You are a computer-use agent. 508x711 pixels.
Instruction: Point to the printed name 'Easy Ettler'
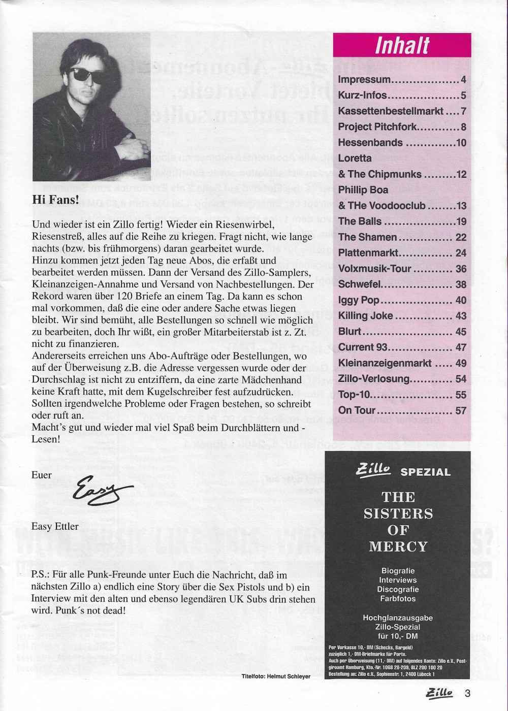[x=55, y=526]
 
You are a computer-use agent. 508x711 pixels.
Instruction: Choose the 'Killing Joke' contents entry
[x=365, y=315]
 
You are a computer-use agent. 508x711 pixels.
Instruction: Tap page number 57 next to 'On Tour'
[x=460, y=410]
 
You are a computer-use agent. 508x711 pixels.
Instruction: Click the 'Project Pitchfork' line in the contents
[x=377, y=127]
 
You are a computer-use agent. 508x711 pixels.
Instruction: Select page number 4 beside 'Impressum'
[x=463, y=80]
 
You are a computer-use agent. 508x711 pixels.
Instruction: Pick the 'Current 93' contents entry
[x=363, y=347]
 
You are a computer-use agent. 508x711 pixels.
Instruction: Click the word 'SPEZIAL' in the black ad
[x=425, y=472]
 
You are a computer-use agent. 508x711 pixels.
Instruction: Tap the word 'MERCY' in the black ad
[x=398, y=546]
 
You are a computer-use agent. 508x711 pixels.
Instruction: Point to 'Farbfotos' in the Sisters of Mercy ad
[x=398, y=598]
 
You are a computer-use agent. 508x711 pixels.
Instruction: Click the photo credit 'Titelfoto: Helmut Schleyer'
[x=275, y=676]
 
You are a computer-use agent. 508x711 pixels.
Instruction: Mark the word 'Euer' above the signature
[x=42, y=475]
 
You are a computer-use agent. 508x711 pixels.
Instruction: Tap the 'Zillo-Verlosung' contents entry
[x=373, y=379]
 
